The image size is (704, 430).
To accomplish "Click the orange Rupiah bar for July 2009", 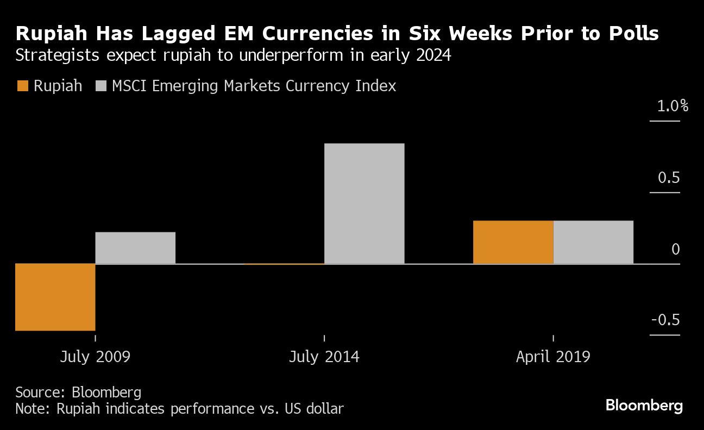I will click(x=55, y=297).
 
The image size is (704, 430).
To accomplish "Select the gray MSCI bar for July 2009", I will click(x=135, y=248).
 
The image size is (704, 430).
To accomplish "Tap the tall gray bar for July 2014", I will click(x=364, y=204).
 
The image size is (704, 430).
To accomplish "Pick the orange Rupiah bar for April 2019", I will click(x=513, y=242).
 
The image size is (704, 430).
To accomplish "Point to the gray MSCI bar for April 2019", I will click(x=593, y=242).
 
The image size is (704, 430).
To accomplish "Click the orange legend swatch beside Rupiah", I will click(x=22, y=86).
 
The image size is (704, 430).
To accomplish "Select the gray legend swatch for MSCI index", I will click(x=101, y=86).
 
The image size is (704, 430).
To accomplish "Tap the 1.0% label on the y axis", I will click(x=672, y=106).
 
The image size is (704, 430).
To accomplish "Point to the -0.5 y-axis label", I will click(x=665, y=320).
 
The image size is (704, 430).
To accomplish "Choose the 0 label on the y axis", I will click(x=675, y=249).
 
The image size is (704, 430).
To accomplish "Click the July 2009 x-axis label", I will click(x=95, y=357).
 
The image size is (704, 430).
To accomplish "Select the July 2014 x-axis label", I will click(x=324, y=357).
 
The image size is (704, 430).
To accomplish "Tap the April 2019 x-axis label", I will click(x=552, y=357).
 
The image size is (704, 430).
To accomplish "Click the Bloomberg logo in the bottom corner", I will click(x=644, y=406).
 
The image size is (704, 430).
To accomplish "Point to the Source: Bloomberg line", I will click(x=78, y=392).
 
